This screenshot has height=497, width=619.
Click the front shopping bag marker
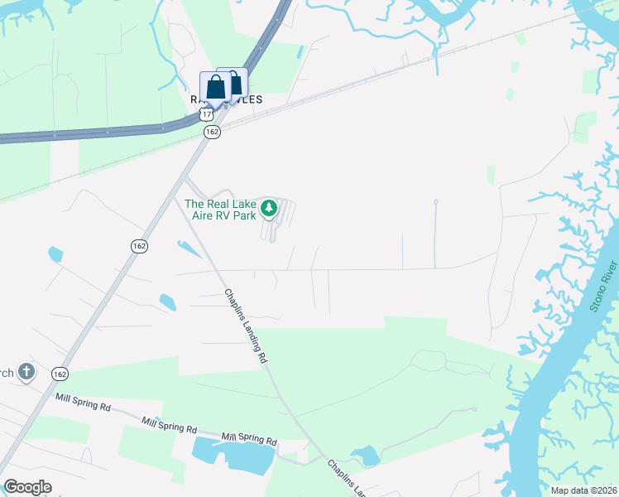coord(215,87)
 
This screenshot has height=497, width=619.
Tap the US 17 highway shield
coord(205,113)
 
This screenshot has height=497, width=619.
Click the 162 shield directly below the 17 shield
coord(212,132)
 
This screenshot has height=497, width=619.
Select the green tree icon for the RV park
coord(269,209)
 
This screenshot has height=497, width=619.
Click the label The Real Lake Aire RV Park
coord(220,210)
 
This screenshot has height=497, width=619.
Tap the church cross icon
coord(26,372)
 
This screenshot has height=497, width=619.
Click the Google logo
coord(26,487)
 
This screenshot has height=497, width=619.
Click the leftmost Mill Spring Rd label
coord(83,403)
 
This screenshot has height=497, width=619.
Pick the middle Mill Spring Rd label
coord(169,425)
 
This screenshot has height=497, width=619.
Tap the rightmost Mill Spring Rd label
coord(248,437)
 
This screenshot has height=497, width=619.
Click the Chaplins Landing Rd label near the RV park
coord(247,326)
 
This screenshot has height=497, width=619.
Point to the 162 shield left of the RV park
coord(138,247)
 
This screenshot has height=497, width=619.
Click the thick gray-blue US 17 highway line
coord(83,134)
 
